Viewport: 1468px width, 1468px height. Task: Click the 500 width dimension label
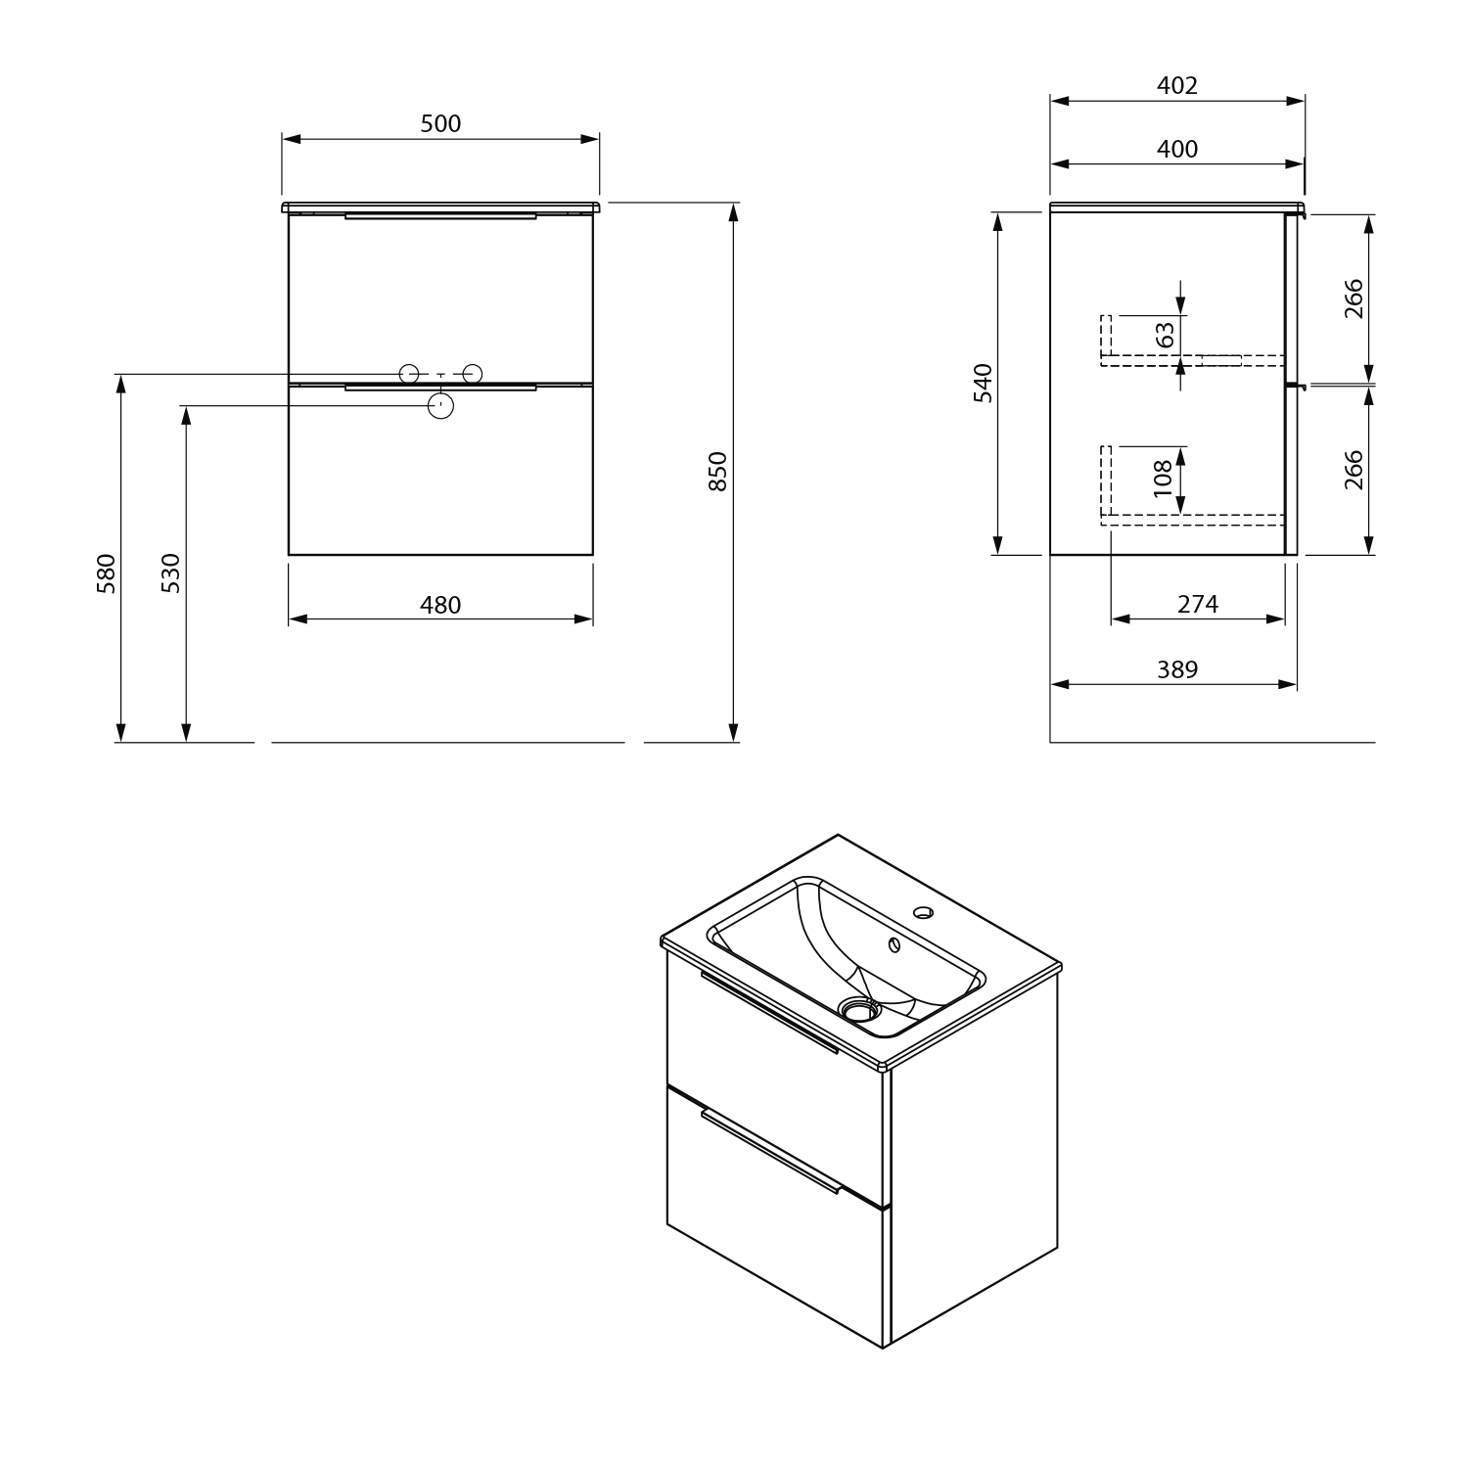(440, 123)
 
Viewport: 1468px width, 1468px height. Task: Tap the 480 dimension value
(440, 605)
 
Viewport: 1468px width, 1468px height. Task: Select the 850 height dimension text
(717, 471)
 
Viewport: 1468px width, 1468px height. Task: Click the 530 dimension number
(170, 573)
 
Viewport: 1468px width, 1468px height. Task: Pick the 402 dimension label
(1177, 85)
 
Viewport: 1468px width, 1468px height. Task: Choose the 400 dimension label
(1177, 149)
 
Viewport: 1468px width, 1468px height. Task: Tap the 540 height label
(984, 383)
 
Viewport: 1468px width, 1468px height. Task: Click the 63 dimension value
(1165, 335)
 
